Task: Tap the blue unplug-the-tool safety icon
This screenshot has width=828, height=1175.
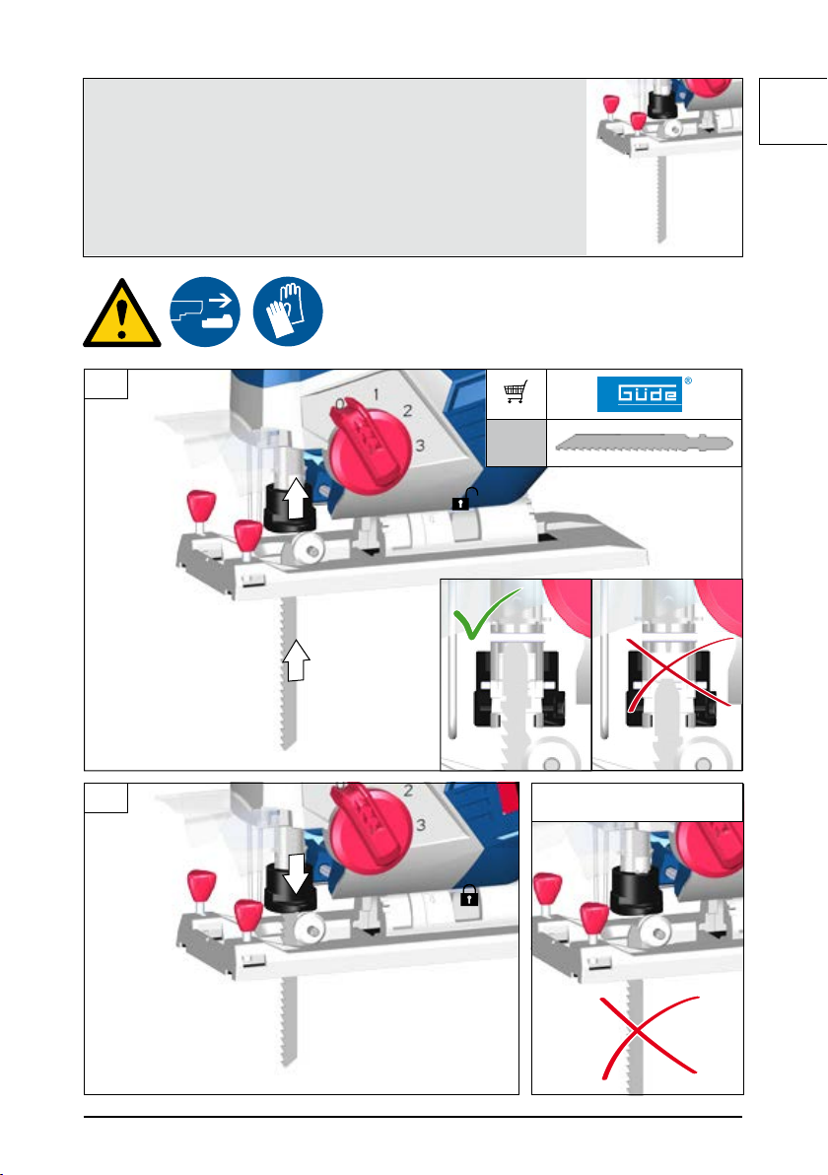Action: point(205,311)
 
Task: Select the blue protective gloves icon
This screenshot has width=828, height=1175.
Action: point(288,311)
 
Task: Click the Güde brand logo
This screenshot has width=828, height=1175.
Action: point(640,394)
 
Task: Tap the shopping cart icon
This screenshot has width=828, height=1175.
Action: point(516,391)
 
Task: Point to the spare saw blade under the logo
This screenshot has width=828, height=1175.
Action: point(644,444)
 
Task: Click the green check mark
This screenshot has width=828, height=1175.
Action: point(484,613)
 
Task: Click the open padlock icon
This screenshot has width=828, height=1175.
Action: point(464,500)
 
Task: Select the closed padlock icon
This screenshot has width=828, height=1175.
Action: point(469,895)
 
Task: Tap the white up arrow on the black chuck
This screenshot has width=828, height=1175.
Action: point(296,499)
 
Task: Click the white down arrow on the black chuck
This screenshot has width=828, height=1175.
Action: point(297,873)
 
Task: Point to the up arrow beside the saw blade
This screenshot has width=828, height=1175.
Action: point(296,660)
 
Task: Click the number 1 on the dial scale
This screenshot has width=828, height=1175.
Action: point(376,394)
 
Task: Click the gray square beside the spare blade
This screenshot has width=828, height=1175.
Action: point(517,443)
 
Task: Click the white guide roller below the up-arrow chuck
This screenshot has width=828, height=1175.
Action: point(308,551)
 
